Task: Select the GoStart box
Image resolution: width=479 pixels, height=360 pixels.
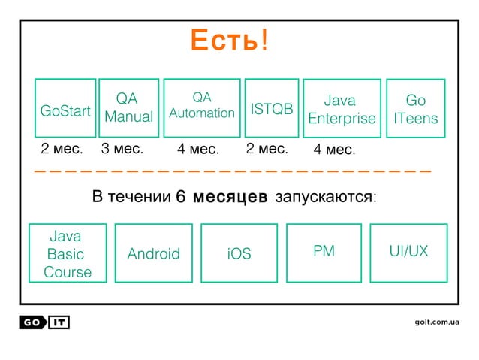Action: [65, 108]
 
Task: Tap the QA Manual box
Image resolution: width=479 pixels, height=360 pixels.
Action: [128, 108]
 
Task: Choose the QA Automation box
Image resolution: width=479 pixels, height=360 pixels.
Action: [202, 107]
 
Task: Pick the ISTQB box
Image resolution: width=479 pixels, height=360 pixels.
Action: [271, 108]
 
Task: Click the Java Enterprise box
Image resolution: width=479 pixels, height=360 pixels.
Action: [342, 109]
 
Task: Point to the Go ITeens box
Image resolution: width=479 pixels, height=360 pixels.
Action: [414, 109]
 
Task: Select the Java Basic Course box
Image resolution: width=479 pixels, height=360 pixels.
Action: [67, 253]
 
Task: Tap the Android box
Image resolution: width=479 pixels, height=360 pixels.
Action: [154, 253]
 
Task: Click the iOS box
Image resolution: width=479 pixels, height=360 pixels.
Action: [239, 253]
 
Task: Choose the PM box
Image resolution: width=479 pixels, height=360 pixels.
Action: [324, 253]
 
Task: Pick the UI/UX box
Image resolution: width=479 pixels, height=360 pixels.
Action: [408, 253]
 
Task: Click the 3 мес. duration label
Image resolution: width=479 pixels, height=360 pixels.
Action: [122, 149]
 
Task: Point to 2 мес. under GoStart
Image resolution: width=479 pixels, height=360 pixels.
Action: [62, 149]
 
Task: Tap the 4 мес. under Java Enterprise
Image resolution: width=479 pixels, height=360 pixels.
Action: [335, 150]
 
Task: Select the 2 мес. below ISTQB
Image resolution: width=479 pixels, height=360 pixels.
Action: [267, 149]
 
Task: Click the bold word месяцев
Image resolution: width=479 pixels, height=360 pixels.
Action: [230, 198]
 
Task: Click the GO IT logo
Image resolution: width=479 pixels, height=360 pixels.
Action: [44, 322]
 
